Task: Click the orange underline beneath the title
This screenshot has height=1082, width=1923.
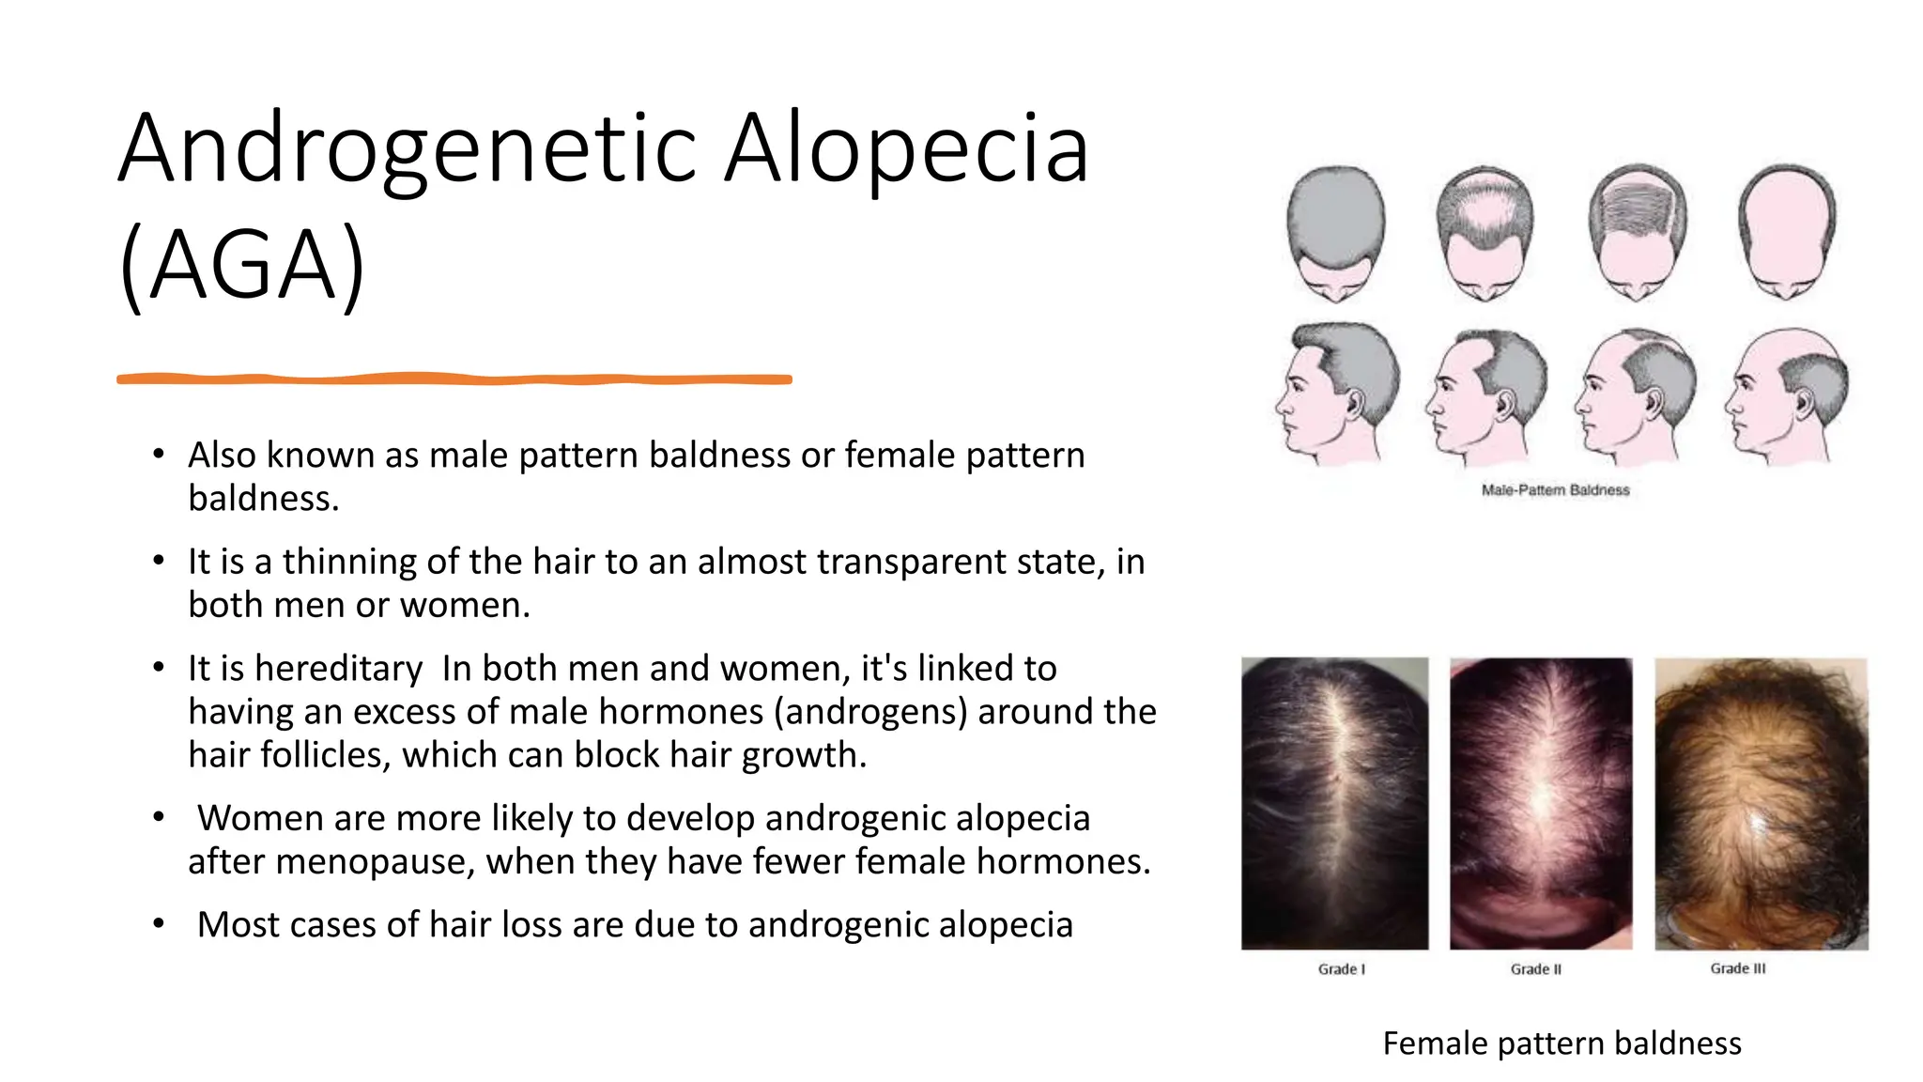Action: [454, 379]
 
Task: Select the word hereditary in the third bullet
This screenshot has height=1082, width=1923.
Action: [338, 668]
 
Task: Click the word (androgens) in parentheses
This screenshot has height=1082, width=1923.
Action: [870, 711]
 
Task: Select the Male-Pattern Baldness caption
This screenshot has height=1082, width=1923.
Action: [1555, 489]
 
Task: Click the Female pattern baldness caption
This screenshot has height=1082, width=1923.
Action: [1561, 1043]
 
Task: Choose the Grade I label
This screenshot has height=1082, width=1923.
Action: [1341, 969]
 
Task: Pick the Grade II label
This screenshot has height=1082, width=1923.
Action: [1535, 969]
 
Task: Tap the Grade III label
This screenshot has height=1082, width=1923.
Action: [1737, 968]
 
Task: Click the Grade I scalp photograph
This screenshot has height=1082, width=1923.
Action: [1334, 803]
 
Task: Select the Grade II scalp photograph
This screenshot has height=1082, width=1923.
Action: [1541, 803]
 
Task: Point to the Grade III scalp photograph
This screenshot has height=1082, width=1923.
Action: [1761, 803]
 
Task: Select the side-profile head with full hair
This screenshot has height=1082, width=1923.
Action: [1337, 393]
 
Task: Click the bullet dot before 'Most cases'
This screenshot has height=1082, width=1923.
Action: [159, 924]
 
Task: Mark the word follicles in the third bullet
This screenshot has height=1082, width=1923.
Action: [325, 755]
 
